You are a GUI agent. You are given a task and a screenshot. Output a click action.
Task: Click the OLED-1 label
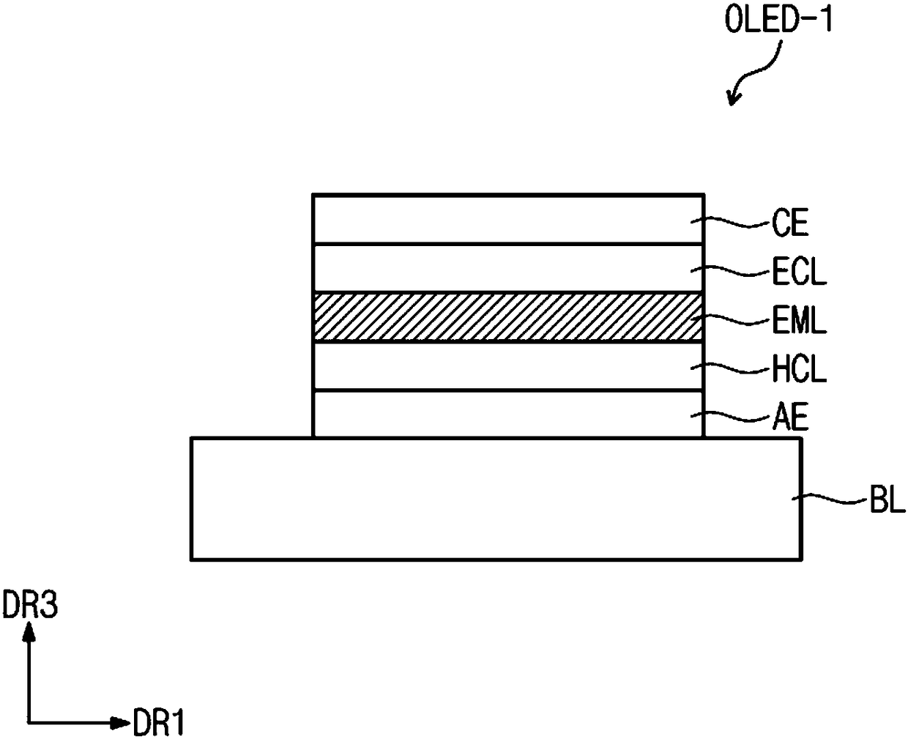click(778, 20)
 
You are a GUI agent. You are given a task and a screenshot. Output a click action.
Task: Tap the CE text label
click(790, 223)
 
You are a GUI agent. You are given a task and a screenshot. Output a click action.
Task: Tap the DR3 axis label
click(30, 606)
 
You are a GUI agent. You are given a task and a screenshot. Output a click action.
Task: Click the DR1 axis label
click(159, 722)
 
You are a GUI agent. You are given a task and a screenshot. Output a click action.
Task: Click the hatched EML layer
click(507, 317)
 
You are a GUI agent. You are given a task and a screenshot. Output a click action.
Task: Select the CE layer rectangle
click(507, 219)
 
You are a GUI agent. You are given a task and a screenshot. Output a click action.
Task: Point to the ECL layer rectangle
click(507, 268)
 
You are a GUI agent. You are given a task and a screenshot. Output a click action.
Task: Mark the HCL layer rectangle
click(507, 366)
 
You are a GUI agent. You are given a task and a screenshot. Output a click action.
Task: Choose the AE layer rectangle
click(507, 414)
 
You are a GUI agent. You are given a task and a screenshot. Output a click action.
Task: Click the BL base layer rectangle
click(496, 499)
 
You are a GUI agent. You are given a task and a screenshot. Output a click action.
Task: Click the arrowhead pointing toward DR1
click(121, 722)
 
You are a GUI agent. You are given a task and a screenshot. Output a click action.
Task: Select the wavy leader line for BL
click(830, 499)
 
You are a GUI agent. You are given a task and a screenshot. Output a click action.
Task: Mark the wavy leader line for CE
click(731, 223)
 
